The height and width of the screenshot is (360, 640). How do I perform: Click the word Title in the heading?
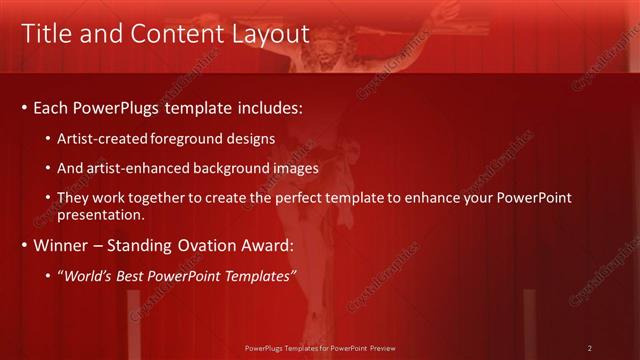(46, 34)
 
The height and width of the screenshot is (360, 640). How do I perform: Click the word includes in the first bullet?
(268, 106)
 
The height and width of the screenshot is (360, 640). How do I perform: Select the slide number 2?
(590, 348)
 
